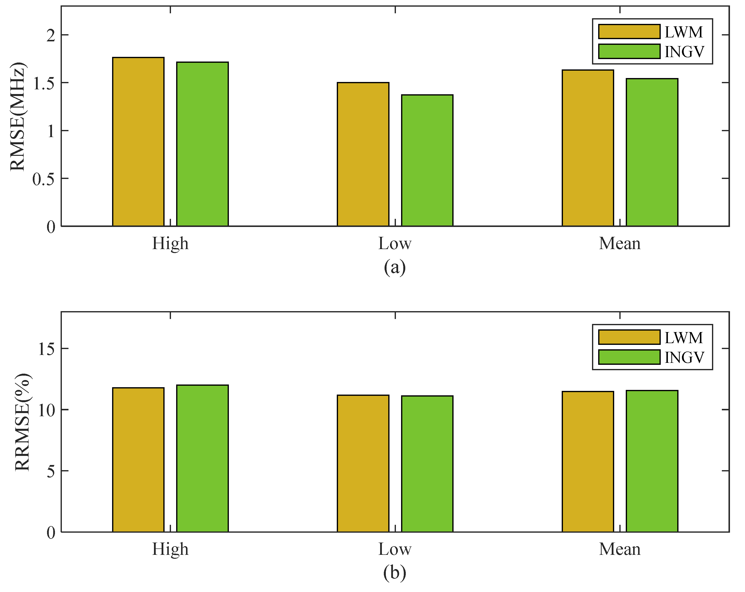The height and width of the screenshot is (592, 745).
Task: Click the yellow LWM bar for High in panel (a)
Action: point(138,142)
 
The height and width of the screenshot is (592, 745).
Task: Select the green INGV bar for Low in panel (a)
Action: point(427,160)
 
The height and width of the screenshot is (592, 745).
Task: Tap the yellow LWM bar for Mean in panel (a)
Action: point(588,148)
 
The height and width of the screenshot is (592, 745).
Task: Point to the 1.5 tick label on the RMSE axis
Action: point(44,83)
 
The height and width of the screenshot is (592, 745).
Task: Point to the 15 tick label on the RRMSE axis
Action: point(47,349)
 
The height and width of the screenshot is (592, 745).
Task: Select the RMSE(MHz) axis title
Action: point(17,117)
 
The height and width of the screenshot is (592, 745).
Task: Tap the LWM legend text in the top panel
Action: point(683,32)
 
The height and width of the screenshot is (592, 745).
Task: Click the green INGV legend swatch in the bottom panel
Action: point(629,357)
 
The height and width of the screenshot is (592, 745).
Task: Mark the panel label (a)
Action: point(395,268)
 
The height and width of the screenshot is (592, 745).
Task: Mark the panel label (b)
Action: point(395,573)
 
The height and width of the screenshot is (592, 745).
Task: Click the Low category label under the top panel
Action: point(395,243)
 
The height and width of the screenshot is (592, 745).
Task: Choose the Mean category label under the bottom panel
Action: point(620,549)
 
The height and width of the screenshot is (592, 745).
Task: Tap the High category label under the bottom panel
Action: point(170,549)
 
